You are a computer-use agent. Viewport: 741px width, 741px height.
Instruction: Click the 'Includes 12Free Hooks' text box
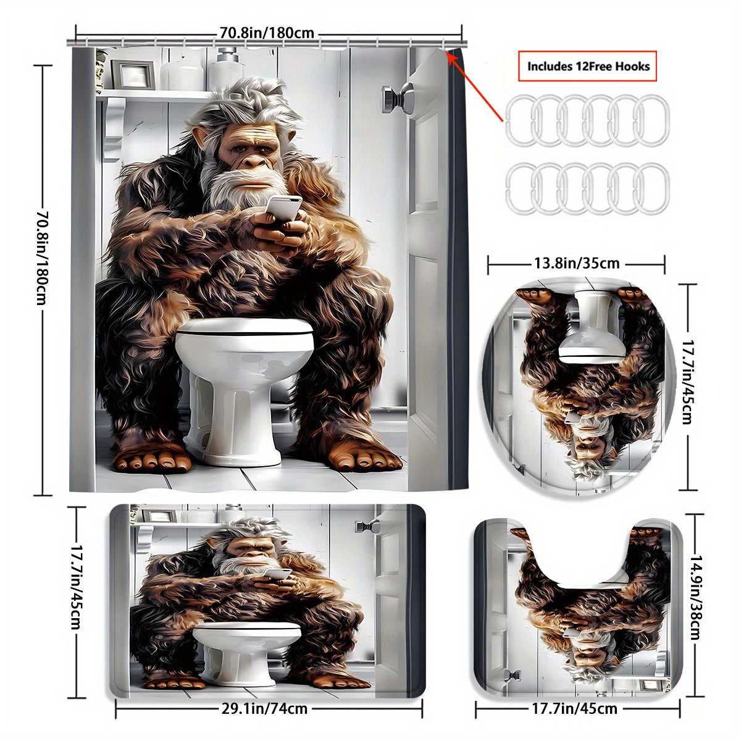pos(588,65)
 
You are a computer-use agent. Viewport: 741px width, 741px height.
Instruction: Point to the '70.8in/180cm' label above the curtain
pos(267,32)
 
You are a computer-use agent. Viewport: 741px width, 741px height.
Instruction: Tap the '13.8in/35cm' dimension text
pos(576,264)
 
